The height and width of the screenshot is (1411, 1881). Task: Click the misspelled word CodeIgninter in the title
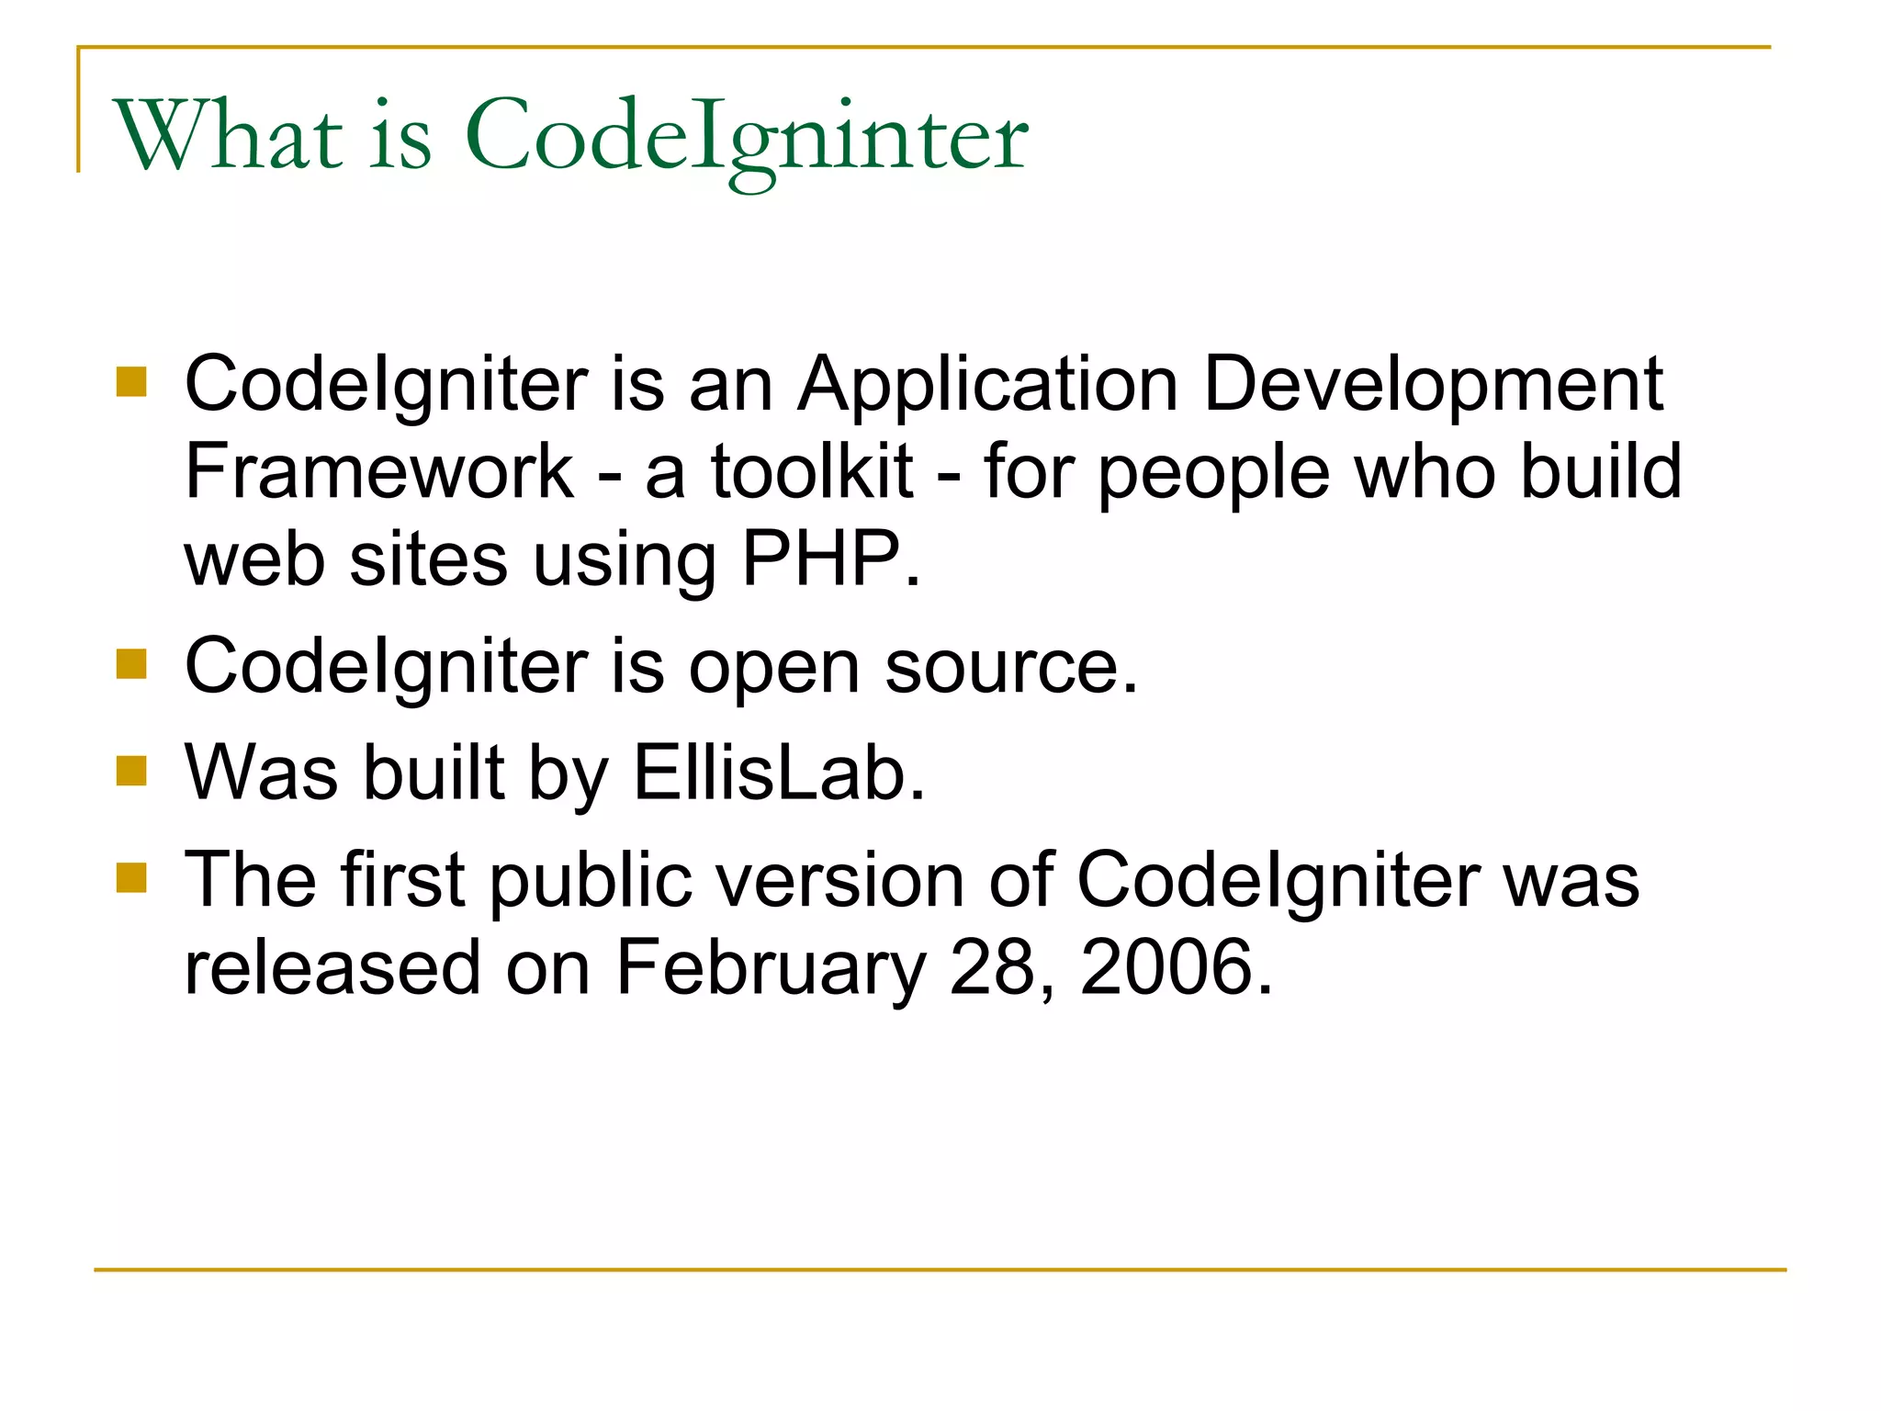(747, 138)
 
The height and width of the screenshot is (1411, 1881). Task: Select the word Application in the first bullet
(987, 384)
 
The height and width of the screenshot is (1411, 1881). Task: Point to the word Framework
(379, 471)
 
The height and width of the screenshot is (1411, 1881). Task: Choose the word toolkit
(812, 471)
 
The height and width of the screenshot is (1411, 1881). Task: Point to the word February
(771, 969)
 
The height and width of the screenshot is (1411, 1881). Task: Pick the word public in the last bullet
(591, 881)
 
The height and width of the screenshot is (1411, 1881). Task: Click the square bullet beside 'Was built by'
(131, 771)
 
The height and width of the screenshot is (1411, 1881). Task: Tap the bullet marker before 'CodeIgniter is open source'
(131, 663)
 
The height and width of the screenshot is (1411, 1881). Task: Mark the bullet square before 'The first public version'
(131, 877)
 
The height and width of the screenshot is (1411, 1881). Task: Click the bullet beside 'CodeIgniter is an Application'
(131, 381)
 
